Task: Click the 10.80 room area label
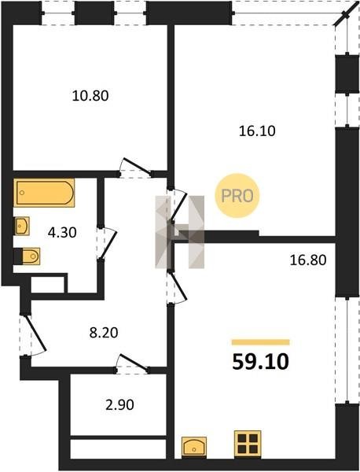click(90, 96)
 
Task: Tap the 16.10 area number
click(257, 131)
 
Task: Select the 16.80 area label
click(308, 260)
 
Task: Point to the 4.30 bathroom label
click(62, 233)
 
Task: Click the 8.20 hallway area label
click(104, 333)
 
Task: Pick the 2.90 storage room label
click(119, 405)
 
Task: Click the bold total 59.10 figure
click(260, 362)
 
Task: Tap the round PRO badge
click(237, 196)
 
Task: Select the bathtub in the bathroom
click(44, 193)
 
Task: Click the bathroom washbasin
click(22, 226)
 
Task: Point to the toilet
click(27, 256)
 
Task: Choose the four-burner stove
click(248, 444)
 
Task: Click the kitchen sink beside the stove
click(194, 448)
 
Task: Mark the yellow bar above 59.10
click(260, 342)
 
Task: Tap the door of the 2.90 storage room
click(133, 362)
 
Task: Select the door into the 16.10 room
click(178, 205)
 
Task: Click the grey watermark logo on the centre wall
click(179, 232)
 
